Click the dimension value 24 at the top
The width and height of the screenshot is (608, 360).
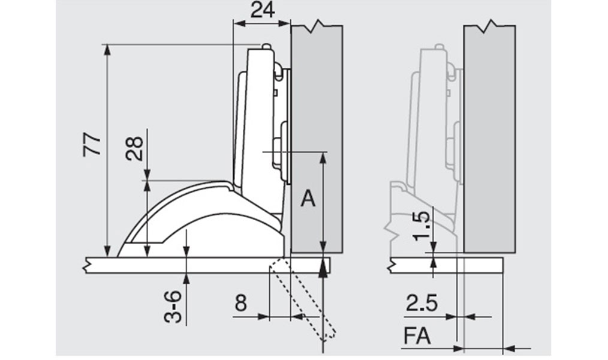coord(263,10)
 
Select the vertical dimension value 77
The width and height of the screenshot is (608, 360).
coord(92,145)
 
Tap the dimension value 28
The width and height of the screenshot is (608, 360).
coord(134,149)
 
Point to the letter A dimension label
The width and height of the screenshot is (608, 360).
coord(308,199)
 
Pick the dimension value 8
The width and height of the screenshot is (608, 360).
coord(240,303)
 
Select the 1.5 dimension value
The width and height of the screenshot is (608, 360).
coord(422,226)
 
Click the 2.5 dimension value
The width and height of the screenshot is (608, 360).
coord(422,303)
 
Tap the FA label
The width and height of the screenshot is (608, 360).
coord(417,336)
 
